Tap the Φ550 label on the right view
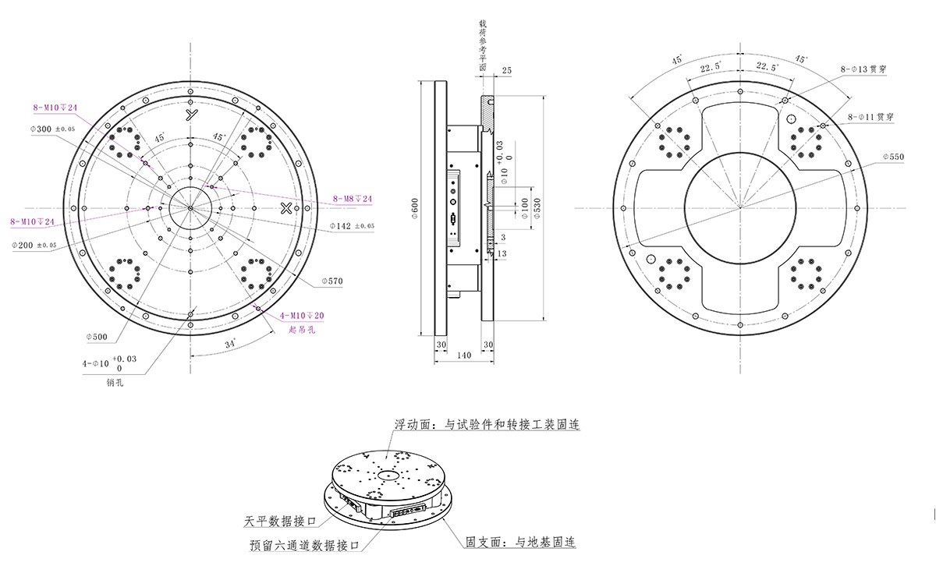click(x=892, y=157)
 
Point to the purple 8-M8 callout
click(x=353, y=199)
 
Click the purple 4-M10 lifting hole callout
click(x=302, y=316)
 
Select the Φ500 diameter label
click(x=97, y=338)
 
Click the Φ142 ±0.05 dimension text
click(x=353, y=226)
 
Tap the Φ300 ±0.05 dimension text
click(x=53, y=129)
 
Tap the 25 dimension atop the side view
click(x=507, y=71)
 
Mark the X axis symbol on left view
click(x=286, y=207)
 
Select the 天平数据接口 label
click(x=280, y=521)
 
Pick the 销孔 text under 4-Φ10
click(x=115, y=383)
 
